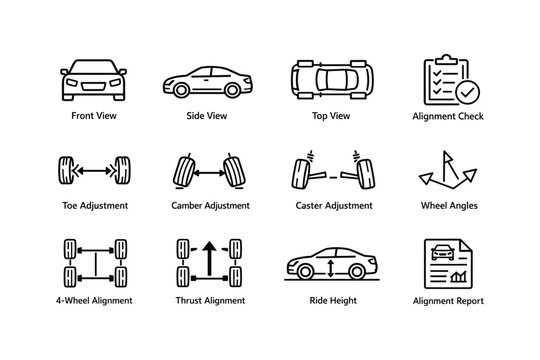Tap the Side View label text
click(x=207, y=116)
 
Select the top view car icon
click(x=330, y=79)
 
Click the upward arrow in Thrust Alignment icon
click(x=210, y=257)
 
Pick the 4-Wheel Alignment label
click(x=94, y=300)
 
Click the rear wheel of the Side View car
click(x=182, y=90)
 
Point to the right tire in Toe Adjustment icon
click(x=123, y=171)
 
